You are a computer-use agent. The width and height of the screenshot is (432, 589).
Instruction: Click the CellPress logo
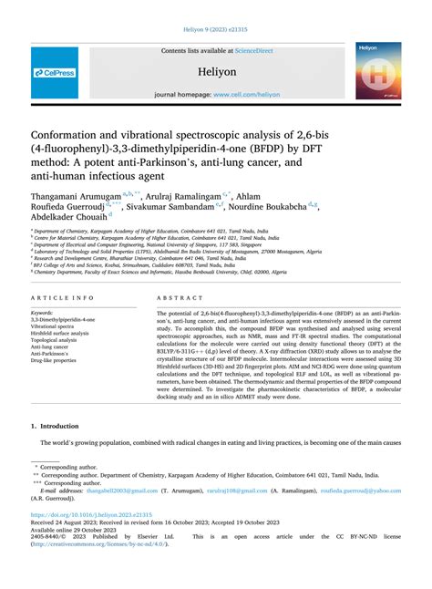(56, 73)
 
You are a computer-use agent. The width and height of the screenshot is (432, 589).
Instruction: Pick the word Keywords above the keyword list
(46, 313)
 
